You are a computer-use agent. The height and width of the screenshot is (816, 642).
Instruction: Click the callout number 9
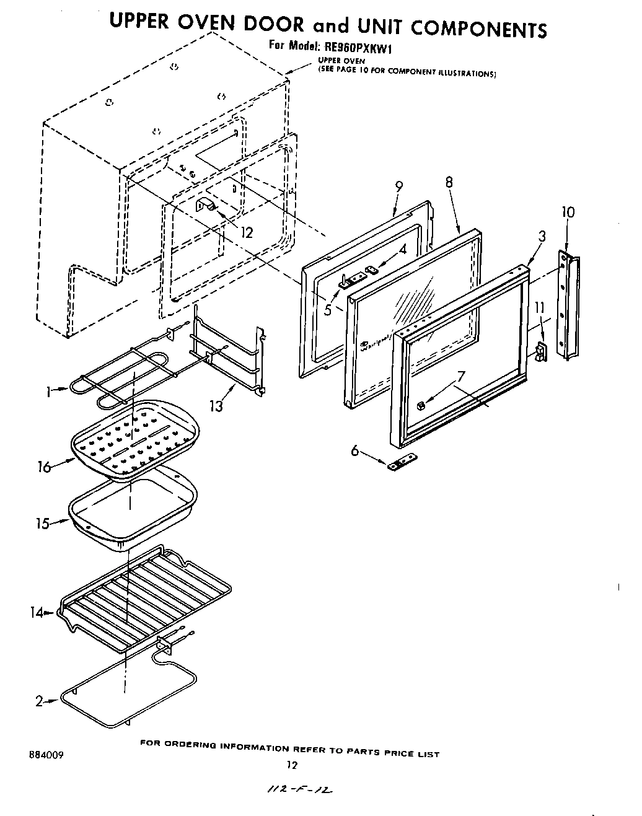pyautogui.click(x=398, y=186)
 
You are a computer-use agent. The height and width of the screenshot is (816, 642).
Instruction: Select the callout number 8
pyautogui.click(x=449, y=182)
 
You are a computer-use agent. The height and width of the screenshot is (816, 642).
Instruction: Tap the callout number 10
pyautogui.click(x=568, y=212)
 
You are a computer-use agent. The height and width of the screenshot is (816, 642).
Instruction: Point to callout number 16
pyautogui.click(x=43, y=467)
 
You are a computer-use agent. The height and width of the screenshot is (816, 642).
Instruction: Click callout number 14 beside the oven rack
pyautogui.click(x=37, y=613)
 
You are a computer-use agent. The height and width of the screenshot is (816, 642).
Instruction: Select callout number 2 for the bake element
pyautogui.click(x=38, y=701)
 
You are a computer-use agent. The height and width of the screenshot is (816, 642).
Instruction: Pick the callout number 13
pyautogui.click(x=216, y=406)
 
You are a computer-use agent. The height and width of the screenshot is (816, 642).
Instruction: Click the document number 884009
pyautogui.click(x=46, y=756)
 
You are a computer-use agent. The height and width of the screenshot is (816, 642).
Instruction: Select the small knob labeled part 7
pyautogui.click(x=421, y=406)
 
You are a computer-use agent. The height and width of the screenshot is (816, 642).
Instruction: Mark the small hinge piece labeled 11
pyautogui.click(x=541, y=351)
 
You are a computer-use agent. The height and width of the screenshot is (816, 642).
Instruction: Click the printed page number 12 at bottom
pyautogui.click(x=292, y=765)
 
